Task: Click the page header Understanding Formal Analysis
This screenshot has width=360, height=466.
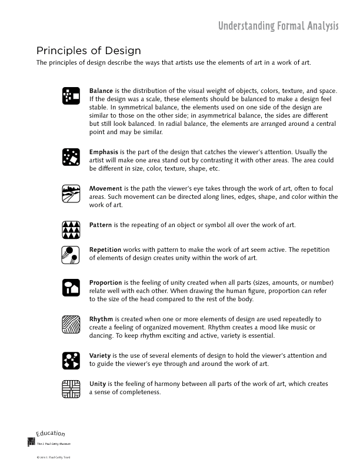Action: (278, 26)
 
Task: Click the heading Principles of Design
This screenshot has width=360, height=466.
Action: (88, 51)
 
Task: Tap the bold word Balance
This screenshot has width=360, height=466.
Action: (101, 91)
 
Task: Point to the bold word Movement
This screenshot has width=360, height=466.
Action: (105, 189)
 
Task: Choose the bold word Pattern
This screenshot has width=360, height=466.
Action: (101, 225)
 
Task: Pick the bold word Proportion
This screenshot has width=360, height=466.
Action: (105, 283)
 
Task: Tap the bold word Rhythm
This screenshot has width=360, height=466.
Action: (101, 319)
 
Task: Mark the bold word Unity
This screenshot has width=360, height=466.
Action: (98, 384)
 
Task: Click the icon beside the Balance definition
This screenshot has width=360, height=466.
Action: (71, 95)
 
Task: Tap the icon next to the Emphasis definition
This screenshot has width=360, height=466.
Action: (71, 157)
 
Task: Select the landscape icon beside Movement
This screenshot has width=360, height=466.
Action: (71, 193)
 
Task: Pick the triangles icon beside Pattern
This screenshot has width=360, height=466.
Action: (71, 229)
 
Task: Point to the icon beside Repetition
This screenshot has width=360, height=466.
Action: (71, 254)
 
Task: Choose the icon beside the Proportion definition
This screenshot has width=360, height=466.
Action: (71, 287)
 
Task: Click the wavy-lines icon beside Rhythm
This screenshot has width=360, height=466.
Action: (71, 324)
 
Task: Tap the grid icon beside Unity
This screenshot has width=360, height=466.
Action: (71, 388)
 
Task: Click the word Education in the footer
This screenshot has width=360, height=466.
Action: (51, 434)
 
